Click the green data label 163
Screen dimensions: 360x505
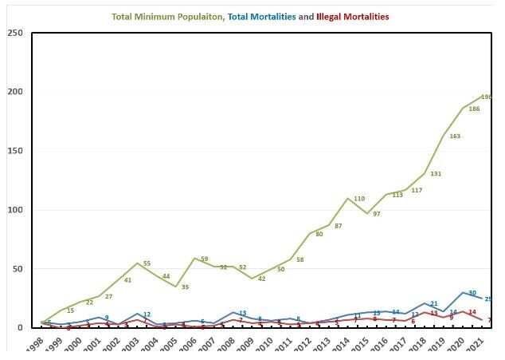pos(456,136)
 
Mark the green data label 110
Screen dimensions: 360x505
pos(358,199)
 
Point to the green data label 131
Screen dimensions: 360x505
pos(436,174)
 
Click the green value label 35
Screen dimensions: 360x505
pos(185,287)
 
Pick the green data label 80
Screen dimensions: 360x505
pos(319,235)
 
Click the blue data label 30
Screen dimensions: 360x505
pos(472,293)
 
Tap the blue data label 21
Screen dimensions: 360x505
pos(434,304)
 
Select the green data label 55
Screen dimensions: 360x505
pos(147,264)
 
